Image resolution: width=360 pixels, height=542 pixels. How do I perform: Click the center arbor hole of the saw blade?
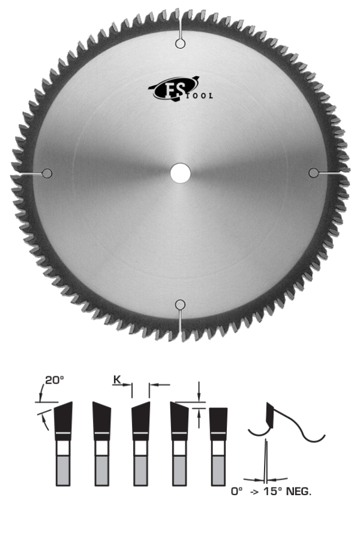click(180, 173)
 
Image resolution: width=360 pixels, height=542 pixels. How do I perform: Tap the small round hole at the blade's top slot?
click(180, 43)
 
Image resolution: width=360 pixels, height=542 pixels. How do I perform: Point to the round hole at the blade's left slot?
click(47, 173)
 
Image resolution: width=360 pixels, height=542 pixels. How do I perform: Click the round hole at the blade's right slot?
click(313, 173)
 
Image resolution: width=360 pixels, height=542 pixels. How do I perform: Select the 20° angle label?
click(55, 380)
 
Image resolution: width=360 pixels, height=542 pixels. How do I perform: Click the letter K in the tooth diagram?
click(117, 379)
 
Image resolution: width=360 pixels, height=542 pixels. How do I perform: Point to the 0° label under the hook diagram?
click(236, 491)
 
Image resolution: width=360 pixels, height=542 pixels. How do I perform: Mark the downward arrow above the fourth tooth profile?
click(199, 390)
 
